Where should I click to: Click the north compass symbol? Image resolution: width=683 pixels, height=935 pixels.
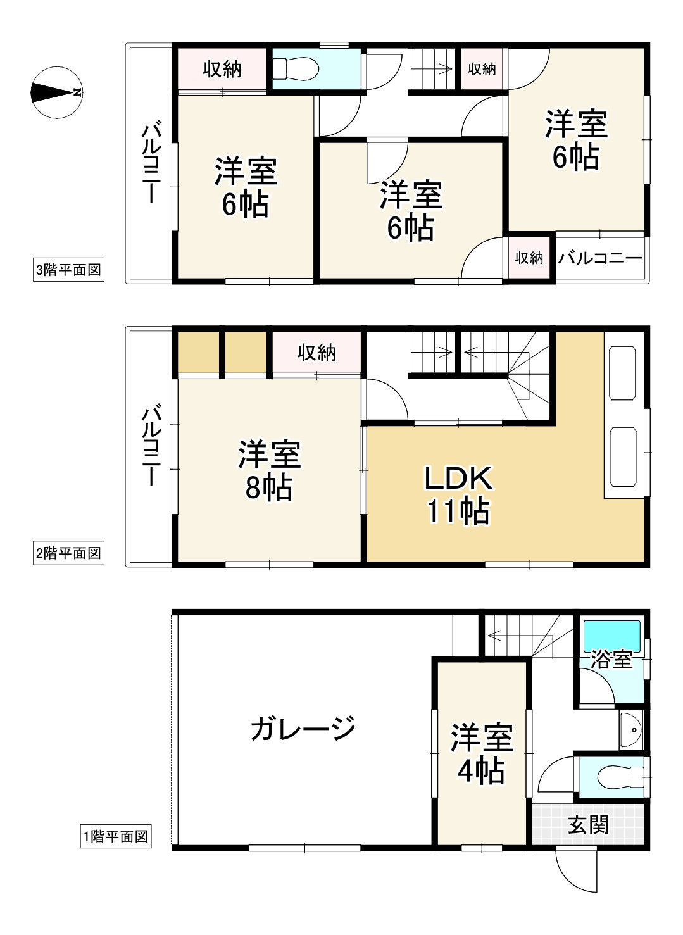pos(56,92)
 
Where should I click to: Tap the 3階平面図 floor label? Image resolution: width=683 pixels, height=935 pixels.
pos(68,270)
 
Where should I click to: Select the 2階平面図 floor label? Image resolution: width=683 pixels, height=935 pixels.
pos(68,553)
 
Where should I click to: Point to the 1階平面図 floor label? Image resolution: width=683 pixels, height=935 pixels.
pos(116,836)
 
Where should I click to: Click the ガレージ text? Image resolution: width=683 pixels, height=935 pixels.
pos(303,729)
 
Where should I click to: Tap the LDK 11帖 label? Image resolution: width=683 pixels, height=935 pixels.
pos(458,494)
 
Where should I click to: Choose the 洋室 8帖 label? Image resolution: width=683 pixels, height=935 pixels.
pos(269,471)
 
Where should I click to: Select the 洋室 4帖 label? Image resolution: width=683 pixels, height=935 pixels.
pos(481,754)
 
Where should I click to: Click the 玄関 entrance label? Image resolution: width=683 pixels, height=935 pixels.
pos(588,825)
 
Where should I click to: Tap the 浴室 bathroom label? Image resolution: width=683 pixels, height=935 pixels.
pos(611,660)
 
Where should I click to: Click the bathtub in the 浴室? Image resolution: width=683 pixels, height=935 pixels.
pos(611,635)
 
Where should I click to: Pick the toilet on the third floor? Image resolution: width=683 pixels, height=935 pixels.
pos(295,69)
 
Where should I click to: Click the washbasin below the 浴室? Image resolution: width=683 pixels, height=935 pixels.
pos(630,729)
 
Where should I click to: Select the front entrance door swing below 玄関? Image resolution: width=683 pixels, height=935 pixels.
pos(576,869)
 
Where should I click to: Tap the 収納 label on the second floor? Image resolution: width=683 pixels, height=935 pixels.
pos(316,352)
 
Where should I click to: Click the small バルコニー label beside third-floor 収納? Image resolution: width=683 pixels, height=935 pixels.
pos(600,258)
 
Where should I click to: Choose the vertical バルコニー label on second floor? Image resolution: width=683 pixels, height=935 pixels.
pos(151,446)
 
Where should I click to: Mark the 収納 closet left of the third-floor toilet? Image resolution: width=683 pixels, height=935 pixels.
pos(222,69)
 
